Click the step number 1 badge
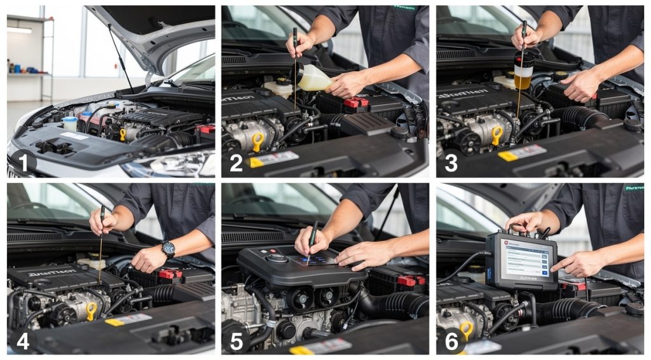coord(23,163)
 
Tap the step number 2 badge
coord(236,163)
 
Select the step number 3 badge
coord(451,163)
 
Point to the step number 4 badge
coord(23,341)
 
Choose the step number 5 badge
coord(236,341)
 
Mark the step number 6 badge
coord(451,341)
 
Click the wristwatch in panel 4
coord(168,249)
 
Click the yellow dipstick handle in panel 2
coord(257,141)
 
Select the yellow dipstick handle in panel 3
coord(497,135)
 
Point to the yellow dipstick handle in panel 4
coord(92,310)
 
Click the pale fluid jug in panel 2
coord(313,78)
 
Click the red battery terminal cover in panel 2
coord(355,102)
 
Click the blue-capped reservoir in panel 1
coord(69,123)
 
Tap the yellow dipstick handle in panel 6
coord(467,329)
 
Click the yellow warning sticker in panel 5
coord(302,350)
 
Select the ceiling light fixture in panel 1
coord(20,30)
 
